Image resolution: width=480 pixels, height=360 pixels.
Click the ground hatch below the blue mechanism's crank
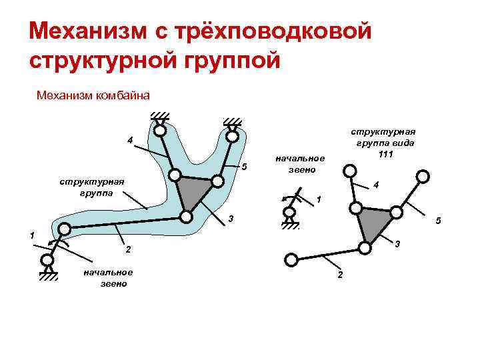(x=47, y=275)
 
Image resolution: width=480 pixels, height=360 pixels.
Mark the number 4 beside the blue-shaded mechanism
(x=130, y=139)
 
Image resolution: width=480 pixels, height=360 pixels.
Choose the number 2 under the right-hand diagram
(x=339, y=276)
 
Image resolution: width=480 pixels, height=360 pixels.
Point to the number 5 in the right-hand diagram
(x=438, y=221)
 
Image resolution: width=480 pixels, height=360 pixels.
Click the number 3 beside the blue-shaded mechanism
(x=230, y=219)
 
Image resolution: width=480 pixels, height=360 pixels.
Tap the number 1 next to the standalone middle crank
(x=319, y=199)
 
